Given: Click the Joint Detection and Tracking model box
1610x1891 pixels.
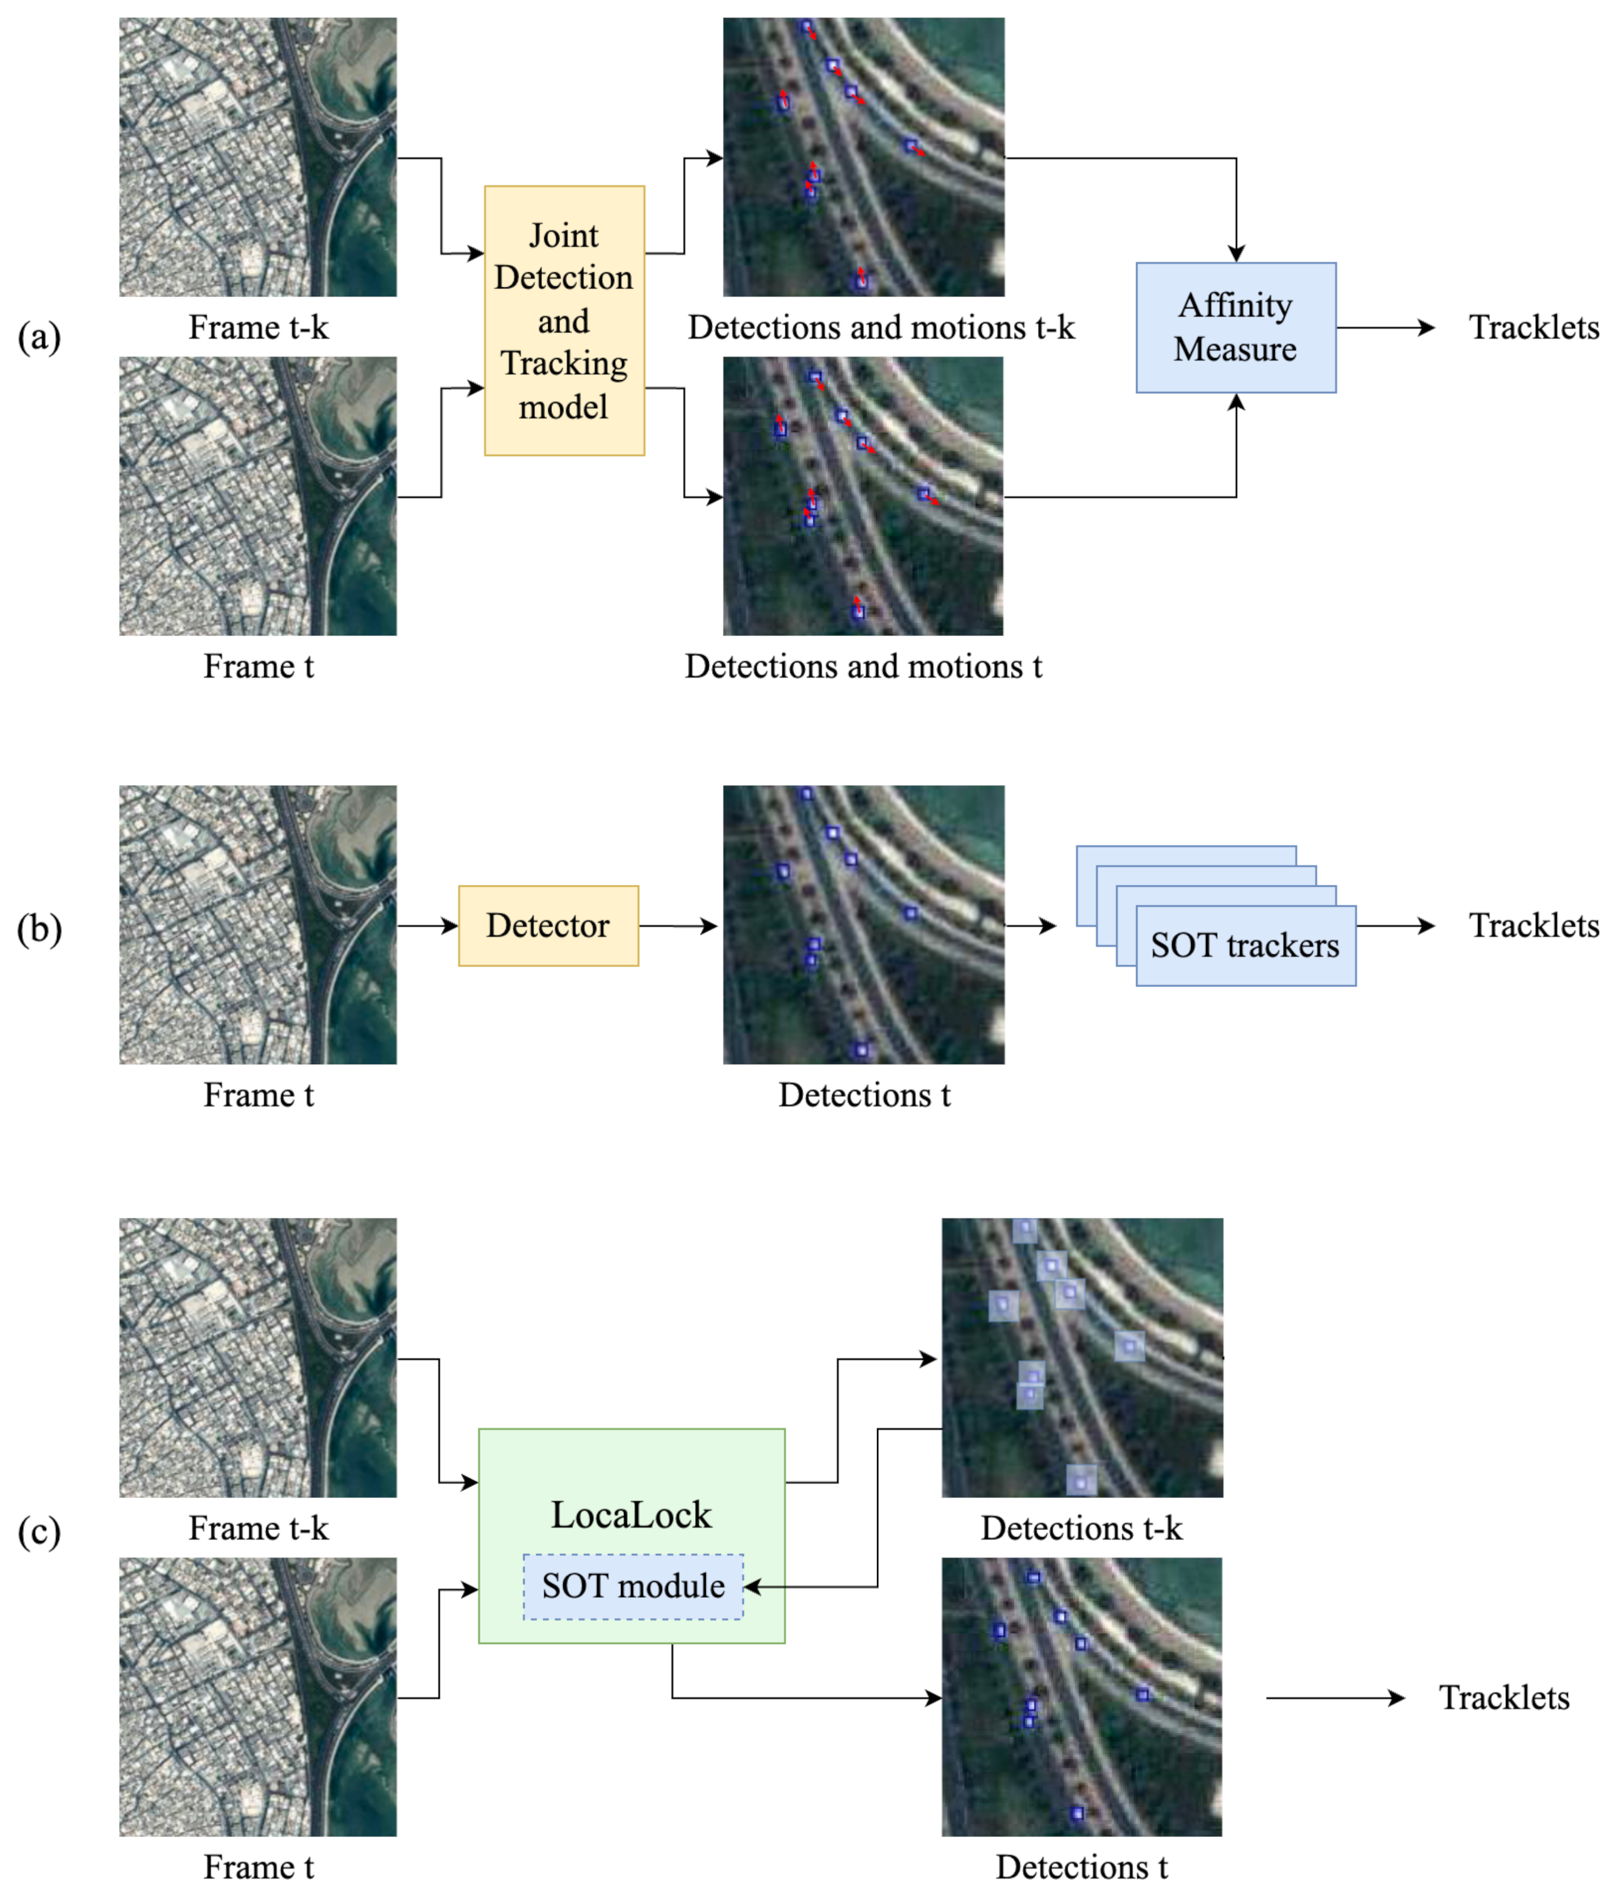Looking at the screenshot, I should (564, 320).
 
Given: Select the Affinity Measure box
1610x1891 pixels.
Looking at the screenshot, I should (1235, 328).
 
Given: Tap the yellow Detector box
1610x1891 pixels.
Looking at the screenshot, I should (548, 925).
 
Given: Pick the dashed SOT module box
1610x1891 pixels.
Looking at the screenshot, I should (633, 1586).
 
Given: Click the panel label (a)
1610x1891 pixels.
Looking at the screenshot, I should (39, 337).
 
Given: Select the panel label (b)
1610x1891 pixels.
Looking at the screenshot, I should (39, 928).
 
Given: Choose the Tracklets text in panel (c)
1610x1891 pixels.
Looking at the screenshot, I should (1504, 1697).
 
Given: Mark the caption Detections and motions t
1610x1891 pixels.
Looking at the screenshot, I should (862, 666).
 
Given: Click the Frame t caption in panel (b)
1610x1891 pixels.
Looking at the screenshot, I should (258, 1094).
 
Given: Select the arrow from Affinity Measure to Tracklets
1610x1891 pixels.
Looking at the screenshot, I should (1384, 328).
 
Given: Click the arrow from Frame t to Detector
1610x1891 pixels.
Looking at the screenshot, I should (427, 925).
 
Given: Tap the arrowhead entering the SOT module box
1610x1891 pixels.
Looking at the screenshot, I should (752, 1587).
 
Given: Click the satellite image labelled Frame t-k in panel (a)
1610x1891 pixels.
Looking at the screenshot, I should (258, 157).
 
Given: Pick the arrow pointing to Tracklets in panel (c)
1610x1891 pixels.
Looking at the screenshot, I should (1334, 1697).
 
